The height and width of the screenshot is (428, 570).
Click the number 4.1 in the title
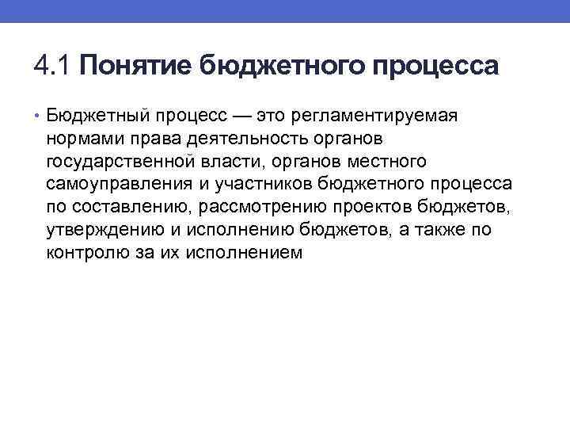[x=52, y=66]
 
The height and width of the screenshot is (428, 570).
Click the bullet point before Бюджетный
[x=39, y=117]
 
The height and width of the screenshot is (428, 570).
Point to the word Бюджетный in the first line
[x=95, y=117]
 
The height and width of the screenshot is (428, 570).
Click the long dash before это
[x=243, y=117]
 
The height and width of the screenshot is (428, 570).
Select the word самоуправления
[x=108, y=185]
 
